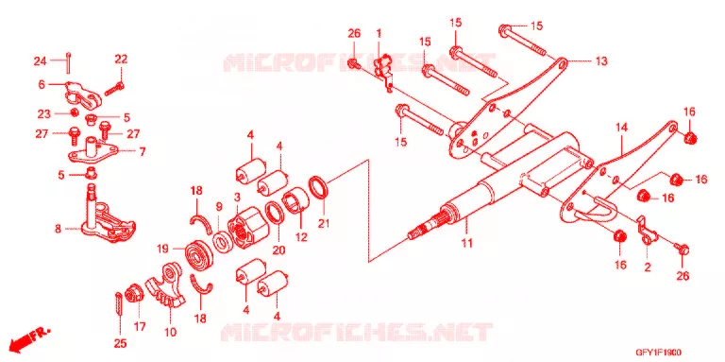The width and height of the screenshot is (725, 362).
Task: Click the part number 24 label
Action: (x=41, y=60)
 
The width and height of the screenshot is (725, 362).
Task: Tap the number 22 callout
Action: (x=121, y=60)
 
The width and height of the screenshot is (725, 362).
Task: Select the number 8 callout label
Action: (x=59, y=228)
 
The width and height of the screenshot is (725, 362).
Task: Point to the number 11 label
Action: (x=467, y=243)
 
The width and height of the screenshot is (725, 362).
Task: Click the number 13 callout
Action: (x=601, y=60)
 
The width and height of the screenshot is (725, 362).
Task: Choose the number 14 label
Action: (x=622, y=128)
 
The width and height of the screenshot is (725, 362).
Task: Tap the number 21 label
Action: (x=324, y=224)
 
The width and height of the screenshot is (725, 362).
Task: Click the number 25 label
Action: (x=120, y=343)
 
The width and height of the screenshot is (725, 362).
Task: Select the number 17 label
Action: (x=140, y=327)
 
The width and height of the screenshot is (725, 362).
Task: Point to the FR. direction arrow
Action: (x=29, y=338)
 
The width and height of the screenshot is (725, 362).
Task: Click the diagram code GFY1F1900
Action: (x=661, y=353)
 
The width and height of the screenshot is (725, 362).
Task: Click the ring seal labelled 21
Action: (x=319, y=185)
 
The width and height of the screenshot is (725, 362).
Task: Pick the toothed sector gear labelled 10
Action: (x=167, y=284)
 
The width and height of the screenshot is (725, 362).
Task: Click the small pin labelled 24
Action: (x=68, y=62)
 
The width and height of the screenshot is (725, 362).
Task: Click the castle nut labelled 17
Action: (x=136, y=294)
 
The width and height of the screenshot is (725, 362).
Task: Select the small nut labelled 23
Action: (x=73, y=112)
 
